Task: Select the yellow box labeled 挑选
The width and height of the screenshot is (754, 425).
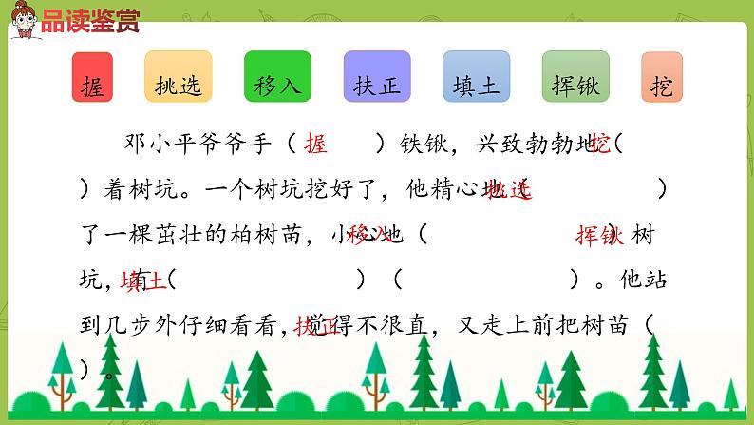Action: pyautogui.click(x=179, y=78)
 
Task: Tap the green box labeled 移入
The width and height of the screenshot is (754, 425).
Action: pyautogui.click(x=278, y=78)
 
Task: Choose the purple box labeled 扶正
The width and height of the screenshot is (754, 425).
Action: pyautogui.click(x=377, y=78)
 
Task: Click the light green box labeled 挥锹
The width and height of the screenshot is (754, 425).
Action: pyautogui.click(x=575, y=78)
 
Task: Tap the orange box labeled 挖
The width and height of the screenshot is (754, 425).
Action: pyautogui.click(x=662, y=78)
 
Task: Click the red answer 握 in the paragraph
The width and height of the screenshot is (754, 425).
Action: pyautogui.click(x=317, y=145)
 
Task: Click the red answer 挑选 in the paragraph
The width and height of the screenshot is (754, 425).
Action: pyautogui.click(x=508, y=189)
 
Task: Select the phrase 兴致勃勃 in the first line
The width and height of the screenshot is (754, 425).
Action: pyautogui.click(x=518, y=145)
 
